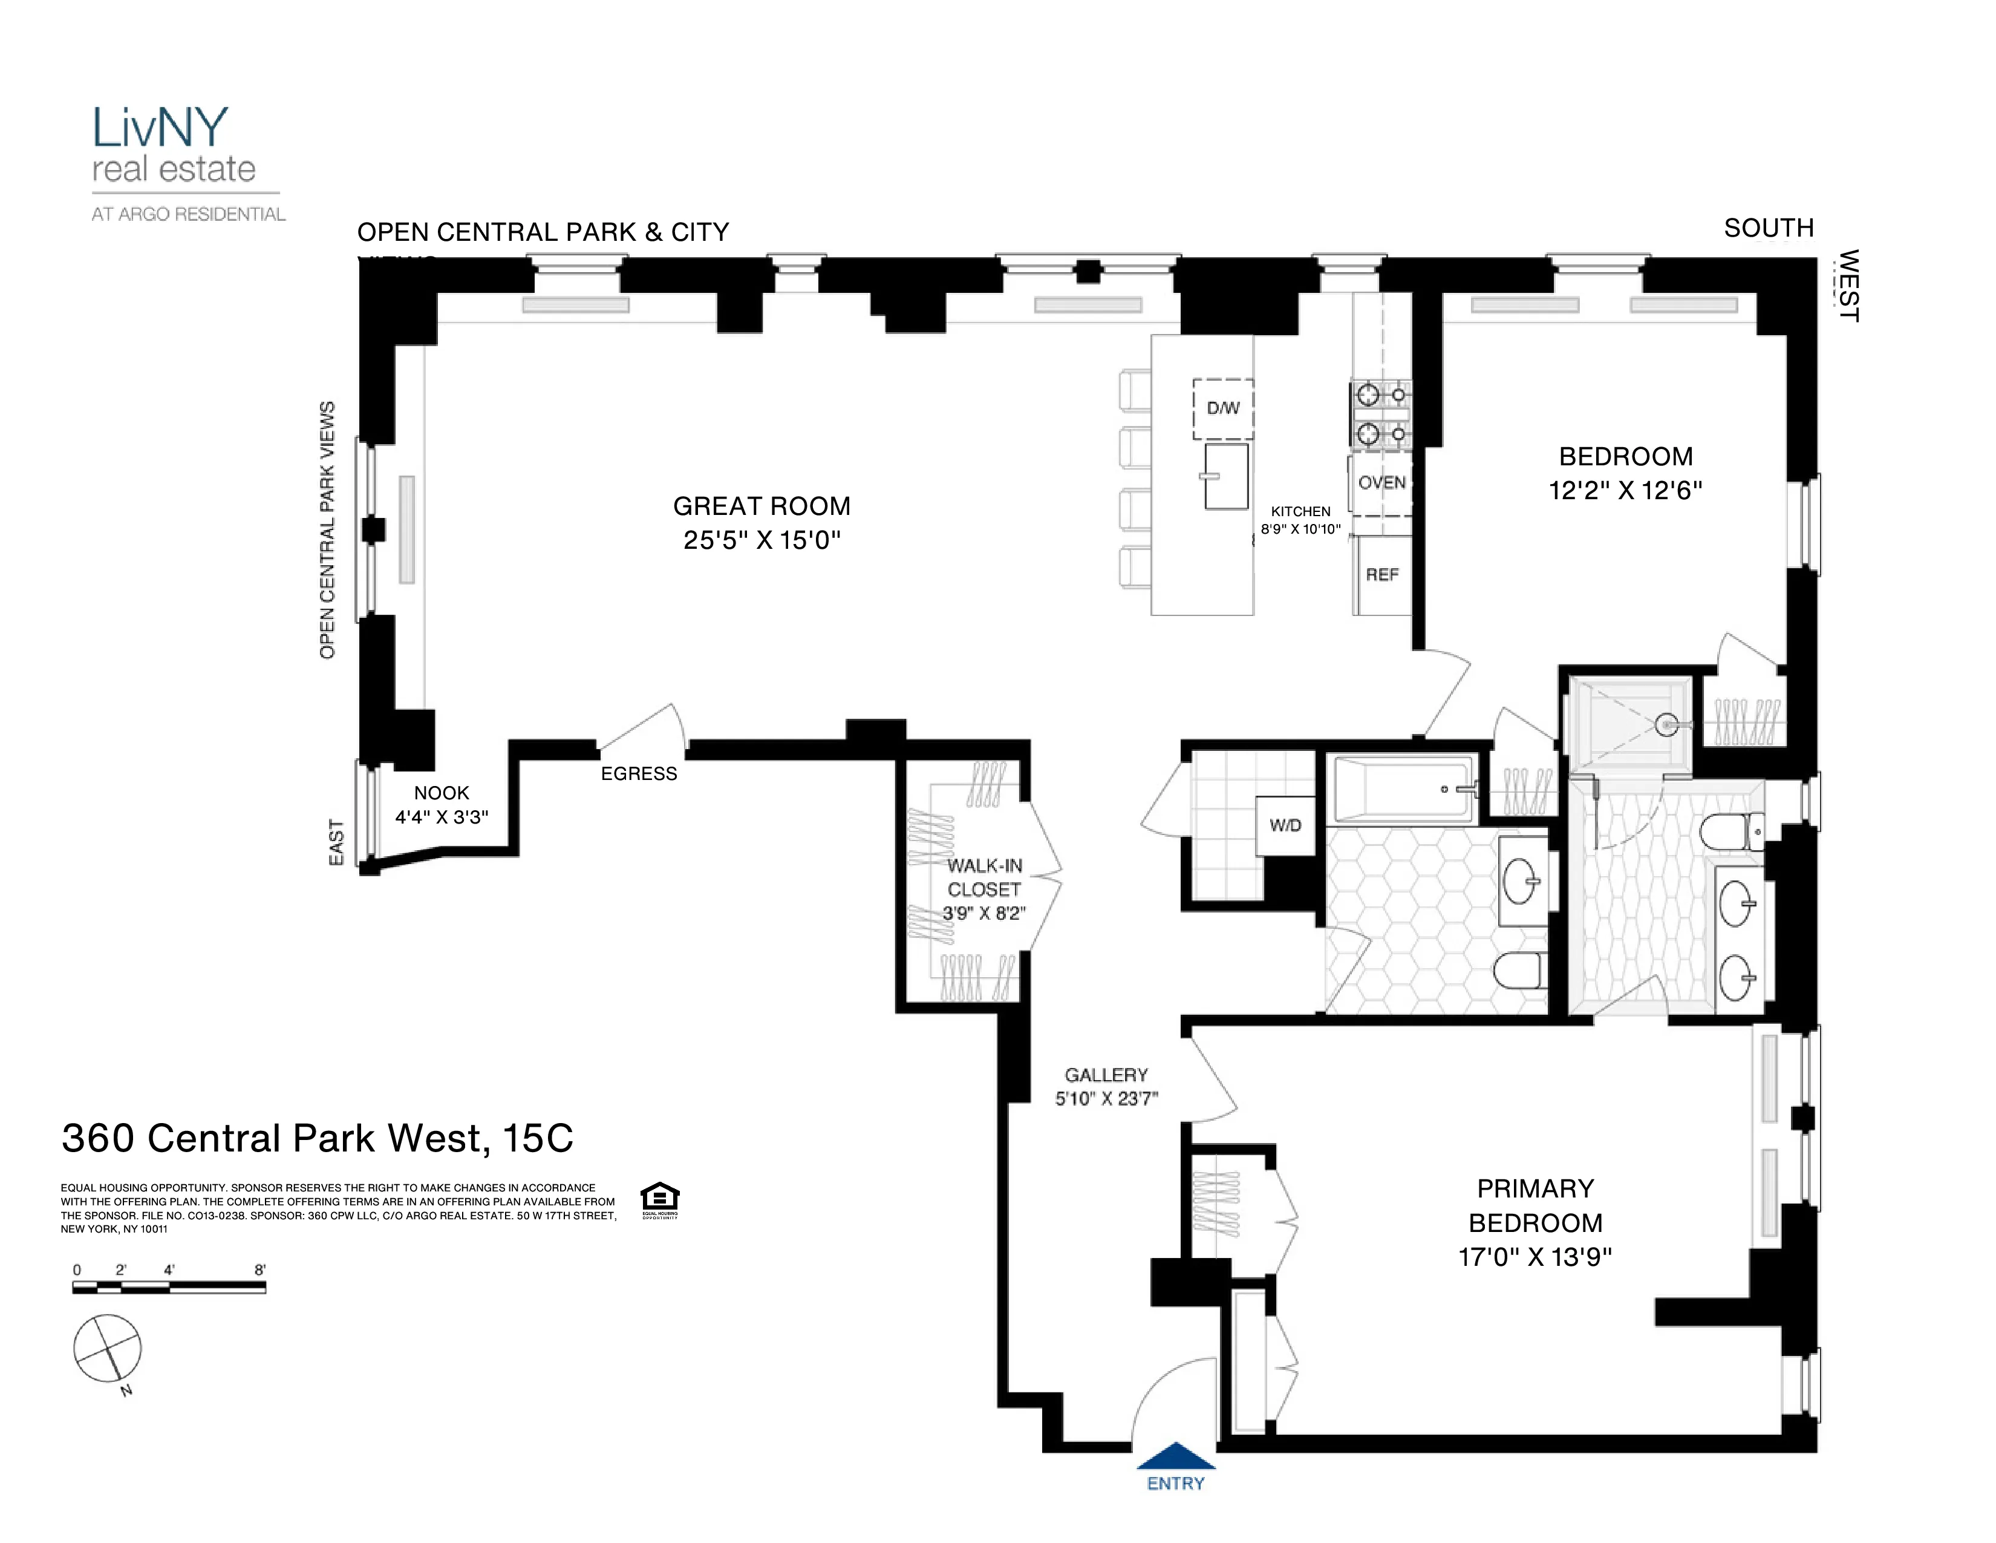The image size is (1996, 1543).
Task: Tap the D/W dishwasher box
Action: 1223,408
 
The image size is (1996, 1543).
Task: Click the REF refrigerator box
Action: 1382,575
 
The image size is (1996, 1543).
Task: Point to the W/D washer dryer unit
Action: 1285,825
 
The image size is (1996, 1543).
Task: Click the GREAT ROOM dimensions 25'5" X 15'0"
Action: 762,540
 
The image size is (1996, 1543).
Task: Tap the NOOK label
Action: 442,793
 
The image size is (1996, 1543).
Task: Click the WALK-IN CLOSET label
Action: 984,877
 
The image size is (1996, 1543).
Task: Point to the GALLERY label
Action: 1106,1076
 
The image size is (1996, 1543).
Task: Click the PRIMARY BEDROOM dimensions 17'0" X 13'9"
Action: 1535,1257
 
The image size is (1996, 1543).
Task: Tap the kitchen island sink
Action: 1225,476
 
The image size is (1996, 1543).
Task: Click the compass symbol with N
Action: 108,1348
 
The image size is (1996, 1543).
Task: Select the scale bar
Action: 169,1287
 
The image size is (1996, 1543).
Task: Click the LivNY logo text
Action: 160,128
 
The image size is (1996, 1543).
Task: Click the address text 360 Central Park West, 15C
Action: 317,1138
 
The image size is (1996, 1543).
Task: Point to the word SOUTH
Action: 1769,228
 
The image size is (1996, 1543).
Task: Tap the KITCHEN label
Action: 1300,512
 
